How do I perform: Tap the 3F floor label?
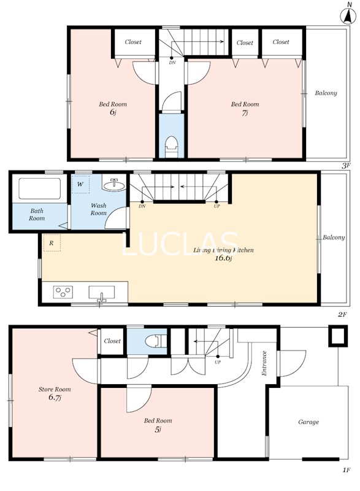[347, 165]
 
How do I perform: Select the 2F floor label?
[342, 315]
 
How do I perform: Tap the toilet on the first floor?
[157, 340]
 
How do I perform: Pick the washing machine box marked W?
[81, 184]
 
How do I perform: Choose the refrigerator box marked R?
[52, 244]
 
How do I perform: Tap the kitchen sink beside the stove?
[101, 292]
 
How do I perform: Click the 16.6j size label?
[223, 258]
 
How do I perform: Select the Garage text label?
[308, 422]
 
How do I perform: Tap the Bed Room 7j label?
[245, 109]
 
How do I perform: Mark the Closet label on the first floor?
[112, 341]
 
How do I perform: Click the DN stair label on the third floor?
[172, 62]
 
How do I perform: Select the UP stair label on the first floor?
[218, 362]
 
